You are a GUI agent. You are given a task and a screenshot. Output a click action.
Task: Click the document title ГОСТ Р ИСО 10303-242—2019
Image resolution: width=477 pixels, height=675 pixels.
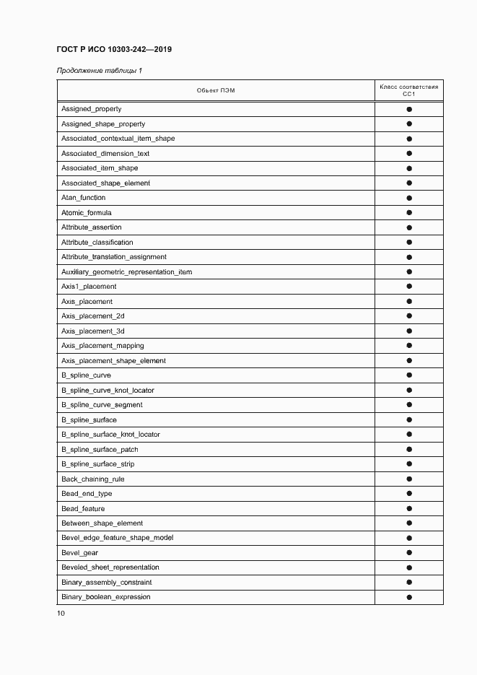(x=114, y=50)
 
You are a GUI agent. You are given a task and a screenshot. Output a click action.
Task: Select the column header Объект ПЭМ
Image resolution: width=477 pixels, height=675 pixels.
(x=216, y=90)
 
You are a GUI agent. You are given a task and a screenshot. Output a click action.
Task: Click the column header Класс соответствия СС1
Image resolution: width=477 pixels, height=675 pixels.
(x=408, y=90)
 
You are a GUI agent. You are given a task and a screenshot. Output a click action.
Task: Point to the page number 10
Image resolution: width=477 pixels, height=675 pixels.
(x=61, y=614)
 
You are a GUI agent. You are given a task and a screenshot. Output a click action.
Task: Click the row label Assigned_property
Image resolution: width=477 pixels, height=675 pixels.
(x=92, y=109)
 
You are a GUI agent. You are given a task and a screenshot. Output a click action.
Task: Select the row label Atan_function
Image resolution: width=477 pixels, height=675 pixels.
(x=84, y=198)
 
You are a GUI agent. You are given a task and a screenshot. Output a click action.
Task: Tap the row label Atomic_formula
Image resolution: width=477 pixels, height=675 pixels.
(x=87, y=213)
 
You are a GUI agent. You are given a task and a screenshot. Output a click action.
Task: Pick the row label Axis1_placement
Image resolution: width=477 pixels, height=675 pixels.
(x=89, y=287)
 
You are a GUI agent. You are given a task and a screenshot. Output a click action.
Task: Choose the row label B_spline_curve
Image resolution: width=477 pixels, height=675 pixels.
(x=87, y=375)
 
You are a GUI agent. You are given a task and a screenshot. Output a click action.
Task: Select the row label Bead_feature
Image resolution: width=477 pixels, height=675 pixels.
(x=83, y=509)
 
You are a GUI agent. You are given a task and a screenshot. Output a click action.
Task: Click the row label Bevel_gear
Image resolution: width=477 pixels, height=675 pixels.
(x=80, y=553)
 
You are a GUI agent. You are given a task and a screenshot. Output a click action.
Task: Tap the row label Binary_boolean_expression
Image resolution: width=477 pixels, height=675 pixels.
(x=106, y=597)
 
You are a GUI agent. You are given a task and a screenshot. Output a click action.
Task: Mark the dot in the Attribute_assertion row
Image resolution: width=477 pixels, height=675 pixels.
(x=409, y=227)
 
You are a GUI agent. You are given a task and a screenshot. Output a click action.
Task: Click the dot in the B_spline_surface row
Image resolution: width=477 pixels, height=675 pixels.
(x=409, y=420)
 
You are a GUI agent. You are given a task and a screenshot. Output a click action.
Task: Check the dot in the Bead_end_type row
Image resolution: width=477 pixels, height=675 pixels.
(x=409, y=494)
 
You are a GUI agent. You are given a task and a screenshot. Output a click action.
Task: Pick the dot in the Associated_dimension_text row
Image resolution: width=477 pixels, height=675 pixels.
(x=409, y=154)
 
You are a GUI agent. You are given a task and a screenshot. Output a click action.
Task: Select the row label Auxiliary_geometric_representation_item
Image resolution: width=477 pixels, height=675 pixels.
(x=126, y=272)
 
